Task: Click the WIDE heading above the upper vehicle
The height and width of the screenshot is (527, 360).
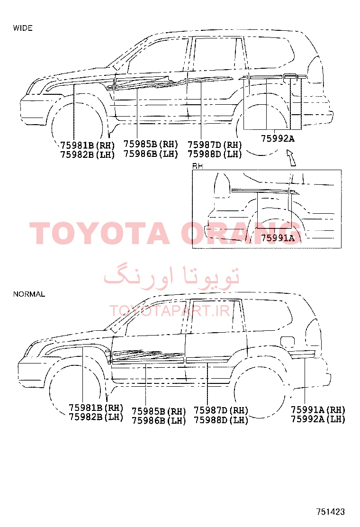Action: tap(23, 28)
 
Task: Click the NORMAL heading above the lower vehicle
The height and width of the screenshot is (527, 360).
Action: tap(29, 294)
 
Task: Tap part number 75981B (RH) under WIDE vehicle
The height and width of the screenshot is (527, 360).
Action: tap(87, 145)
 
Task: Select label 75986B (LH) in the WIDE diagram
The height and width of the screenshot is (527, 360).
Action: tap(151, 154)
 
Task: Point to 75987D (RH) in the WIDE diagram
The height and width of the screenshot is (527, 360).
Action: tap(215, 145)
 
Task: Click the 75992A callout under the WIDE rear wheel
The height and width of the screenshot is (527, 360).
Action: tap(278, 138)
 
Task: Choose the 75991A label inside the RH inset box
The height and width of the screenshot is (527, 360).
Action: tap(278, 237)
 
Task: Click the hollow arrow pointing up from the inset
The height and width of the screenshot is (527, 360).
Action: tap(291, 158)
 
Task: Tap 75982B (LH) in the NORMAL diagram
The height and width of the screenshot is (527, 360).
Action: tap(96, 417)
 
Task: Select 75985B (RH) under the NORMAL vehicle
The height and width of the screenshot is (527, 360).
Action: tap(159, 411)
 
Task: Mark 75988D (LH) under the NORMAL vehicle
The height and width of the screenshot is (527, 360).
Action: tap(221, 420)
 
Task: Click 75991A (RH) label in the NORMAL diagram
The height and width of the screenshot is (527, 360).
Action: tap(318, 409)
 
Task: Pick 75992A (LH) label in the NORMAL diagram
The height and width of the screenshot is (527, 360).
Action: tap(318, 419)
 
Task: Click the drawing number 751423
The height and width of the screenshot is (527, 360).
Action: tap(331, 511)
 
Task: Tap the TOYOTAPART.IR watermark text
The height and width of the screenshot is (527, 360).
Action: tap(170, 311)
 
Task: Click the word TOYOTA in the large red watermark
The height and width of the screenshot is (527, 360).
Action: tap(100, 233)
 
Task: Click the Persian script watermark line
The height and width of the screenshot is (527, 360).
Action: tap(171, 276)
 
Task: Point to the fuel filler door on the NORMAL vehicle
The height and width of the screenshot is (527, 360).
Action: tap(288, 342)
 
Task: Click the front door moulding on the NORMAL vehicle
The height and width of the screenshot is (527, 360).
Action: tap(148, 357)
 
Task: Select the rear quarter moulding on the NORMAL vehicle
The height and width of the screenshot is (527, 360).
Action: tap(302, 353)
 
